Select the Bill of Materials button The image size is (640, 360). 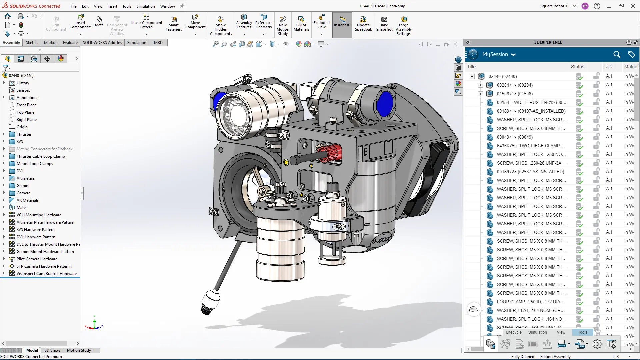point(301,23)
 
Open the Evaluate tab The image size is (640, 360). point(70,42)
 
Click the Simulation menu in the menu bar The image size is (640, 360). point(146,6)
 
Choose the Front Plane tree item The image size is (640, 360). point(27,105)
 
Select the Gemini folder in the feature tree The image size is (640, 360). point(23,185)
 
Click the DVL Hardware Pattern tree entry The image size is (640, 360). point(36,237)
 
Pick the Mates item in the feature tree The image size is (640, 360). point(22,207)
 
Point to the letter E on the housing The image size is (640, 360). point(366,152)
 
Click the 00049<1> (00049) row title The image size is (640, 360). point(515,137)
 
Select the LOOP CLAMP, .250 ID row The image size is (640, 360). point(531,302)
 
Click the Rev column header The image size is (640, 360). point(608,67)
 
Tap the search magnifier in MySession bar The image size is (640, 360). point(617,54)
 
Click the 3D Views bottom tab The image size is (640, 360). point(52,350)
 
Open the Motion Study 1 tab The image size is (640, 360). point(80,350)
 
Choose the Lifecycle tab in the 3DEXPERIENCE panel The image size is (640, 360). point(514,332)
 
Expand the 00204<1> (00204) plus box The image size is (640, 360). point(480,85)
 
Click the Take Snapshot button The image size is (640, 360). point(384,23)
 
